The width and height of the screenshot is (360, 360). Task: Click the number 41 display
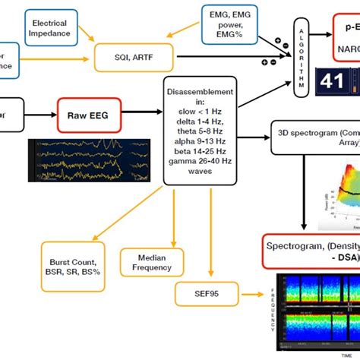coord(333,84)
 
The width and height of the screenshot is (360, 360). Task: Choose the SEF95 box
coord(207,292)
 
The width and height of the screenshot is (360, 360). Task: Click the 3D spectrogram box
coord(314,136)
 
